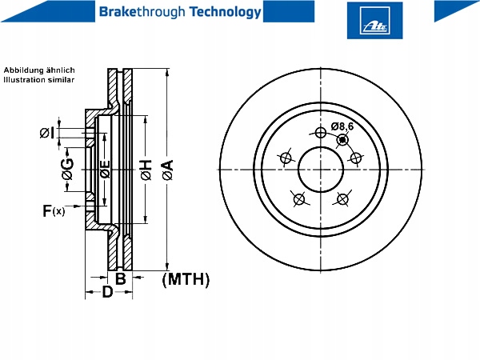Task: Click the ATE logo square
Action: tap(374, 21)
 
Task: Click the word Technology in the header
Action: tap(226, 12)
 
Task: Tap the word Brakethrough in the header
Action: tap(142, 12)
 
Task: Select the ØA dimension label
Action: tap(168, 170)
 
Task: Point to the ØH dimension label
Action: tap(146, 170)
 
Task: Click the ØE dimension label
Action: tap(106, 170)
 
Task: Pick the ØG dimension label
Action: tap(67, 169)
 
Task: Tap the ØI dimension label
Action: tap(47, 133)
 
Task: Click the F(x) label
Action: tap(54, 211)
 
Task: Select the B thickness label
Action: tap(120, 278)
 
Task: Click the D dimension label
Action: tap(107, 292)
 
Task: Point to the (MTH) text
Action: tap(186, 279)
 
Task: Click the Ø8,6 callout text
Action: tap(342, 126)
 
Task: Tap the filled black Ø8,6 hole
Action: tap(342, 140)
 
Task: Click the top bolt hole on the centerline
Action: tap(321, 133)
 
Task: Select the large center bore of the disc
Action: tap(321, 170)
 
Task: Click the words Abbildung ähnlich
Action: tap(39, 70)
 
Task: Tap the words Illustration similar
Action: tap(39, 80)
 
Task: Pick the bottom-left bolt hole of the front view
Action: tap(299, 199)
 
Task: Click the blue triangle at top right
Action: tap(456, 11)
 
